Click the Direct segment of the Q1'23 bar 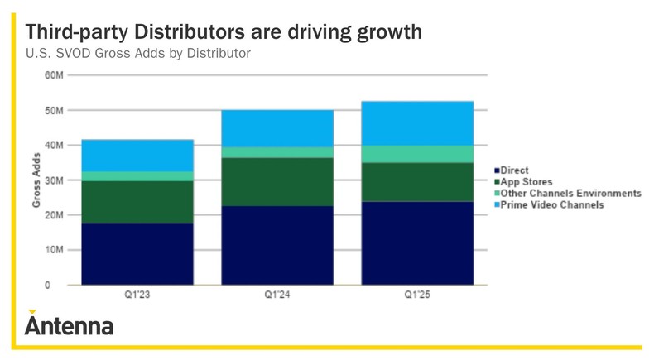(137, 253)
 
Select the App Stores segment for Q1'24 (277, 181)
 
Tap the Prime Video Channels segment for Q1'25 (417, 123)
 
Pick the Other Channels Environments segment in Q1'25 (417, 154)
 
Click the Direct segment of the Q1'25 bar (417, 242)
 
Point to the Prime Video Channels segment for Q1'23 (137, 156)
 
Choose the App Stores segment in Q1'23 (137, 202)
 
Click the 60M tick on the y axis (52, 75)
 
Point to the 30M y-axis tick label (52, 180)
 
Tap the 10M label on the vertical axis (52, 250)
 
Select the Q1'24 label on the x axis (277, 295)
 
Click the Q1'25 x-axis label (417, 295)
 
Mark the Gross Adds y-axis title (36, 180)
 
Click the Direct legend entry (515, 170)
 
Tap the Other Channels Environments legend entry (570, 194)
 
